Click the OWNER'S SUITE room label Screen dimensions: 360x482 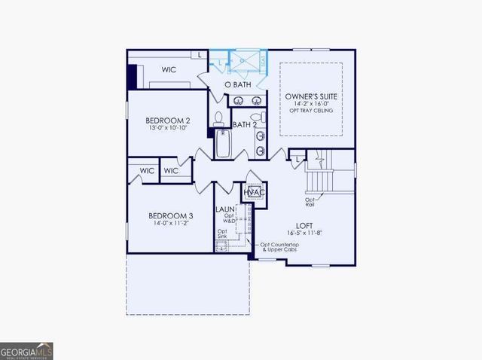point(311,97)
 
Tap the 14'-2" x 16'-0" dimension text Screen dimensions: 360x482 point(311,105)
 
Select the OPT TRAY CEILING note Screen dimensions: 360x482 point(311,111)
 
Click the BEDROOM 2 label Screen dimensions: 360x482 point(167,121)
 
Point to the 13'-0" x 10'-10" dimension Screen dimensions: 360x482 point(167,128)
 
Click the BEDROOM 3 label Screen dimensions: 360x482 point(169,216)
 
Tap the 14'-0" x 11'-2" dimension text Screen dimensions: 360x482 point(169,224)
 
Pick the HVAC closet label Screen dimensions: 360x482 point(252,192)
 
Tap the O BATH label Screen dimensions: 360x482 point(238,84)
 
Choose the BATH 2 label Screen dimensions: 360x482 point(246,124)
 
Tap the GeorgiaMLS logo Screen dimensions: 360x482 point(26,351)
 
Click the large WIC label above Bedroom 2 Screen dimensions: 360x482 point(170,69)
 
